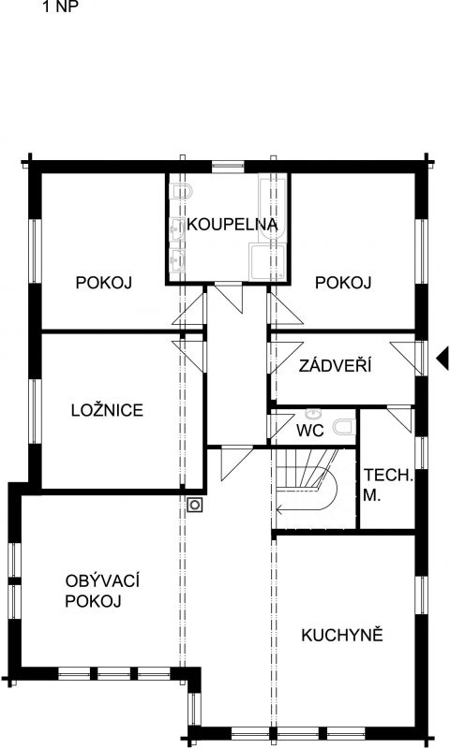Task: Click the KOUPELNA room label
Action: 232,225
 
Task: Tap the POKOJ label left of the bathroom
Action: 103,283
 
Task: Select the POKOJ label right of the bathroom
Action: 344,283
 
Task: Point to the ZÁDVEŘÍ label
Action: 335,366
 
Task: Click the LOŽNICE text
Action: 107,410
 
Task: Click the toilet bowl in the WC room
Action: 345,428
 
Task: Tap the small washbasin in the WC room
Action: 314,414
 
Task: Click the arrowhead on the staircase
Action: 279,510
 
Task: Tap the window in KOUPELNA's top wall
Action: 227,168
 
